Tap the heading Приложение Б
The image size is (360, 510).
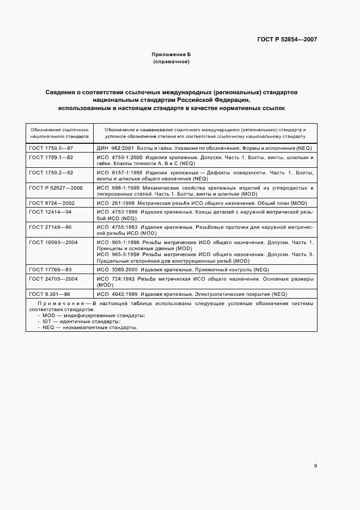click(x=171, y=55)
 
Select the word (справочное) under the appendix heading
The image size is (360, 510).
click(x=171, y=62)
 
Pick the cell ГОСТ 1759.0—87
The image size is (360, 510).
click(x=51, y=148)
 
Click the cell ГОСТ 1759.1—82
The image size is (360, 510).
click(x=51, y=157)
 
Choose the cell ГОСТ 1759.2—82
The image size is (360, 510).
click(x=51, y=172)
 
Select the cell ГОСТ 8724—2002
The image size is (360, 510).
click(x=53, y=202)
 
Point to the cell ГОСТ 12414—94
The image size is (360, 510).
click(x=51, y=211)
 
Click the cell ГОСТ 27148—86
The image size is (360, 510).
click(x=51, y=226)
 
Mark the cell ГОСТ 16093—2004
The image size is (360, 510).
click(x=54, y=241)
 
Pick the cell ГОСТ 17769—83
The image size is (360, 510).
click(x=51, y=269)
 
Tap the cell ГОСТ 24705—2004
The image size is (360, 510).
click(x=54, y=278)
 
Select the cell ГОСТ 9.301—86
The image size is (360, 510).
click(x=50, y=294)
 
